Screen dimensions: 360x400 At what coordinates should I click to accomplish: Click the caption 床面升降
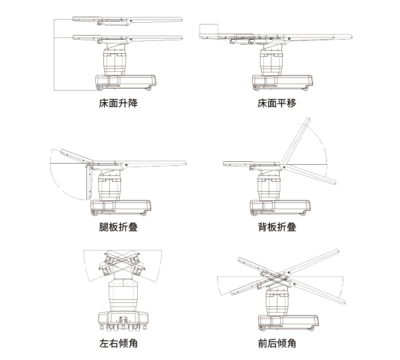(119, 104)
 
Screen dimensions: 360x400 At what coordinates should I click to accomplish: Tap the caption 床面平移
(277, 104)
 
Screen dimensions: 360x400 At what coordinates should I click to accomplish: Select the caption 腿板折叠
(119, 227)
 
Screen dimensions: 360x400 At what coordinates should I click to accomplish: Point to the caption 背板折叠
(277, 227)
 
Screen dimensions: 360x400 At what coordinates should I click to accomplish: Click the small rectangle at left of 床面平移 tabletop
(208, 30)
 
